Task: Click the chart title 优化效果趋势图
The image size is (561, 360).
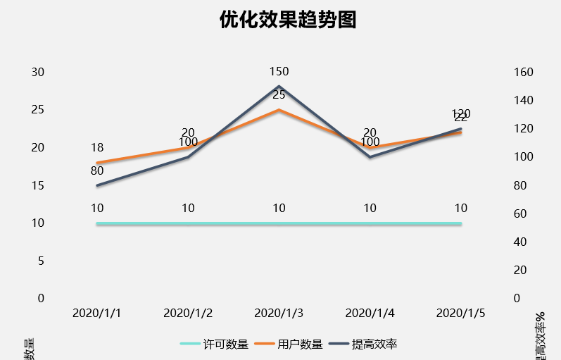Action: click(x=288, y=20)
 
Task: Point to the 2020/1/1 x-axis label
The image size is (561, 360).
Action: click(x=97, y=312)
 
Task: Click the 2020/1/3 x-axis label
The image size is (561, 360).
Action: click(x=279, y=312)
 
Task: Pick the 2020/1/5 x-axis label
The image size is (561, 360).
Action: click(x=461, y=312)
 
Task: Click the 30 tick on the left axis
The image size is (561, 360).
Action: click(x=38, y=73)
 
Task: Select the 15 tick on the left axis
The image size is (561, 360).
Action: click(x=38, y=185)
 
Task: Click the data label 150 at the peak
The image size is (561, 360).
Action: click(x=279, y=71)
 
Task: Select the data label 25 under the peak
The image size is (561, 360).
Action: click(x=279, y=94)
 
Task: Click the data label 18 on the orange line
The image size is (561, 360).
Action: click(x=97, y=148)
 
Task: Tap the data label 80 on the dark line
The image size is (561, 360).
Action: click(x=97, y=170)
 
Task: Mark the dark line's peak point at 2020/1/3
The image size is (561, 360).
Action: click(x=279, y=87)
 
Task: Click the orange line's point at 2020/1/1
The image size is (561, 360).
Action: click(x=97, y=163)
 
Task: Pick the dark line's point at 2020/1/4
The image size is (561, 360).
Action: click(x=370, y=157)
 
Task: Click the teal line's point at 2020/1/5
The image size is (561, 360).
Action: click(x=461, y=223)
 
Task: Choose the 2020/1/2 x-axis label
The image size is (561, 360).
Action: click(x=188, y=312)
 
